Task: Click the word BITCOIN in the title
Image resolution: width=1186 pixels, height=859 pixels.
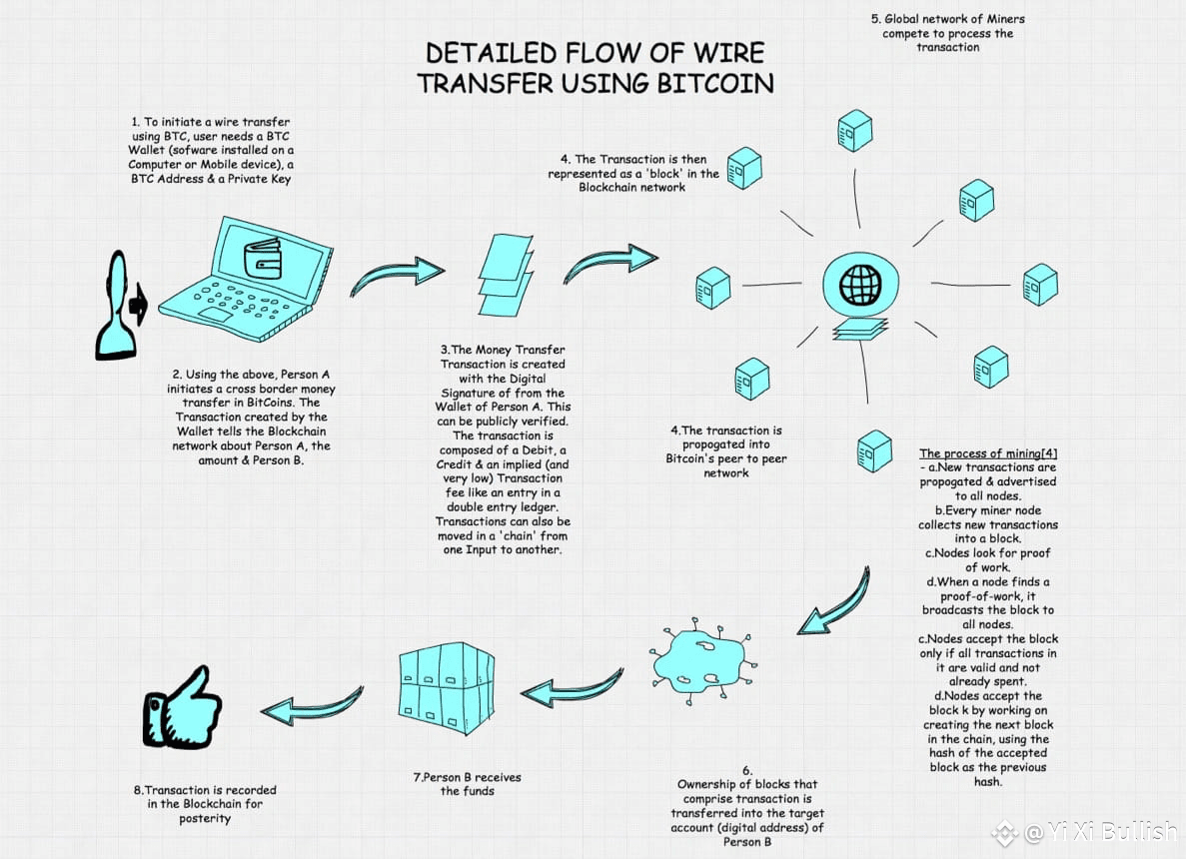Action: (714, 83)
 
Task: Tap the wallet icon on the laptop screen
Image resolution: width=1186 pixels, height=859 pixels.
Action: (263, 259)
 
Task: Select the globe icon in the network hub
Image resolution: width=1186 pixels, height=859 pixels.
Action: (860, 285)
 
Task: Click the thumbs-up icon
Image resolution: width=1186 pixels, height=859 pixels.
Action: (182, 708)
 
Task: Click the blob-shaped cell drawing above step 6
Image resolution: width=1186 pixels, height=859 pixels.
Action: (703, 660)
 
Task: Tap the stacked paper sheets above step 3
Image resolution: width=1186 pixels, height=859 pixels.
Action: (506, 274)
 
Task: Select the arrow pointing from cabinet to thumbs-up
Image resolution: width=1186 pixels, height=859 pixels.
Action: (312, 705)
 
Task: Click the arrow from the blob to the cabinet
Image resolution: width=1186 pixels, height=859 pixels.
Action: (573, 686)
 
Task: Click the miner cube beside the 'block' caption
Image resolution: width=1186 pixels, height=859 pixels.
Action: (744, 168)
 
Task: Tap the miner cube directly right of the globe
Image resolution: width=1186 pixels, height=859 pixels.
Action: (1040, 285)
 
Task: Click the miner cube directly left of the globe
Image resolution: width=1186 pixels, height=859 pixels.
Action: (712, 288)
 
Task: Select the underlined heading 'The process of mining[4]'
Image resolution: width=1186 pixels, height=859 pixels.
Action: (988, 452)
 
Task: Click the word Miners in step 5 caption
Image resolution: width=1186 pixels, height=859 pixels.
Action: (1005, 19)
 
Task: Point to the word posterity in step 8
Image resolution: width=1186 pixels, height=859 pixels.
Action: (205, 818)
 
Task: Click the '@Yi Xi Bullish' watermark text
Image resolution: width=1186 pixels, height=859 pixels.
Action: (1100, 832)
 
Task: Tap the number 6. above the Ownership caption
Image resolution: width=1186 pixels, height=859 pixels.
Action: (747, 770)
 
